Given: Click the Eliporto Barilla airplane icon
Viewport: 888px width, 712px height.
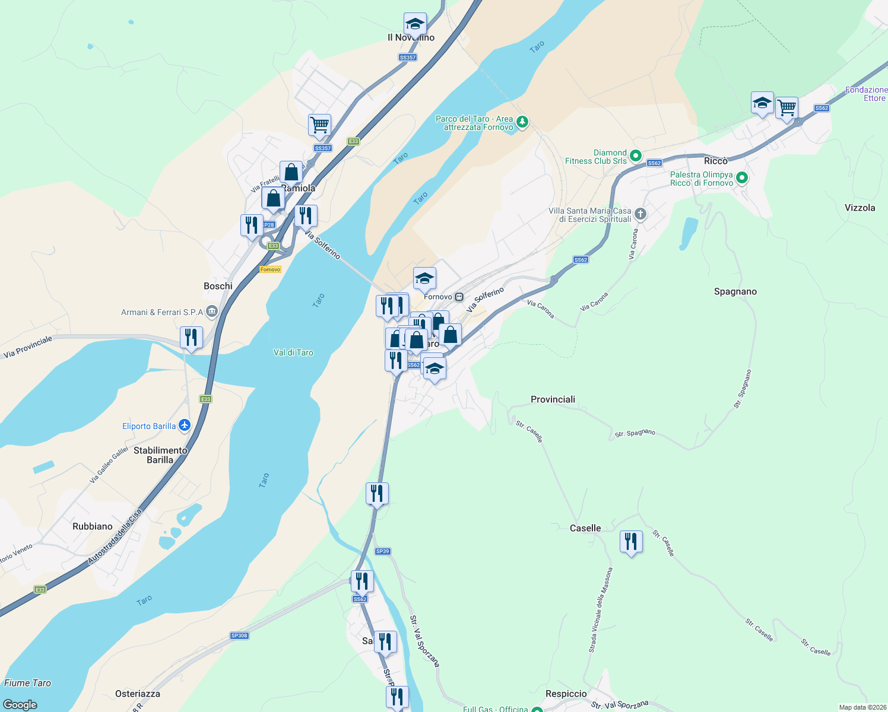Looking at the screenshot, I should pos(185,425).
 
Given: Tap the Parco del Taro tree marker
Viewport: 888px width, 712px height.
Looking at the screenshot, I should pos(522,122).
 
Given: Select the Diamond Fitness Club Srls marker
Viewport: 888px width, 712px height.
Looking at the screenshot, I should pos(635,156).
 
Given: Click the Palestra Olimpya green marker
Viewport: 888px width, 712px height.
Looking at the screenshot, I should pos(741,178).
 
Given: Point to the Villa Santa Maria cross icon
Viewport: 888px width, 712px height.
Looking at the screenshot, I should pos(640,214).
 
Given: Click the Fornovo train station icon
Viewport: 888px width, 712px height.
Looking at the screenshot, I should pos(459,297).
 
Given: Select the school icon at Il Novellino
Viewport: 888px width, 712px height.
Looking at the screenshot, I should pos(415,24).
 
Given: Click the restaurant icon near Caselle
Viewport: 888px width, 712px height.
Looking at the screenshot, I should pos(631,542).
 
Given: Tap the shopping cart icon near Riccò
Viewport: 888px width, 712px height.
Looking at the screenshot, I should pos(786,108).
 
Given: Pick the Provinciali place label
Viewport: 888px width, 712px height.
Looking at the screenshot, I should pos(553,399).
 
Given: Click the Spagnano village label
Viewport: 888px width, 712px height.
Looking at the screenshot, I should pos(735,291).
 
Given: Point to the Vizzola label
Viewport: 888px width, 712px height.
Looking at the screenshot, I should pos(860,208).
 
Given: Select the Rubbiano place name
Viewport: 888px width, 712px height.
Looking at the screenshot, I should pos(92,526).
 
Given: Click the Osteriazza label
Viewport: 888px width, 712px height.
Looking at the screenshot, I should pos(138,694).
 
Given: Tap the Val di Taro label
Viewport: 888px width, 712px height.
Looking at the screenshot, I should pos(293,352).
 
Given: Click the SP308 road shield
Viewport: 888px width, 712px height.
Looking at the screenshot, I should pos(239,635).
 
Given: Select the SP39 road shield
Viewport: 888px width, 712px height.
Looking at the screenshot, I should pos(382,551).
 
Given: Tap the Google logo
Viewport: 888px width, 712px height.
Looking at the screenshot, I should pos(20,705).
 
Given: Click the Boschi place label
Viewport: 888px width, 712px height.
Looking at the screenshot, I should pos(218,286).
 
